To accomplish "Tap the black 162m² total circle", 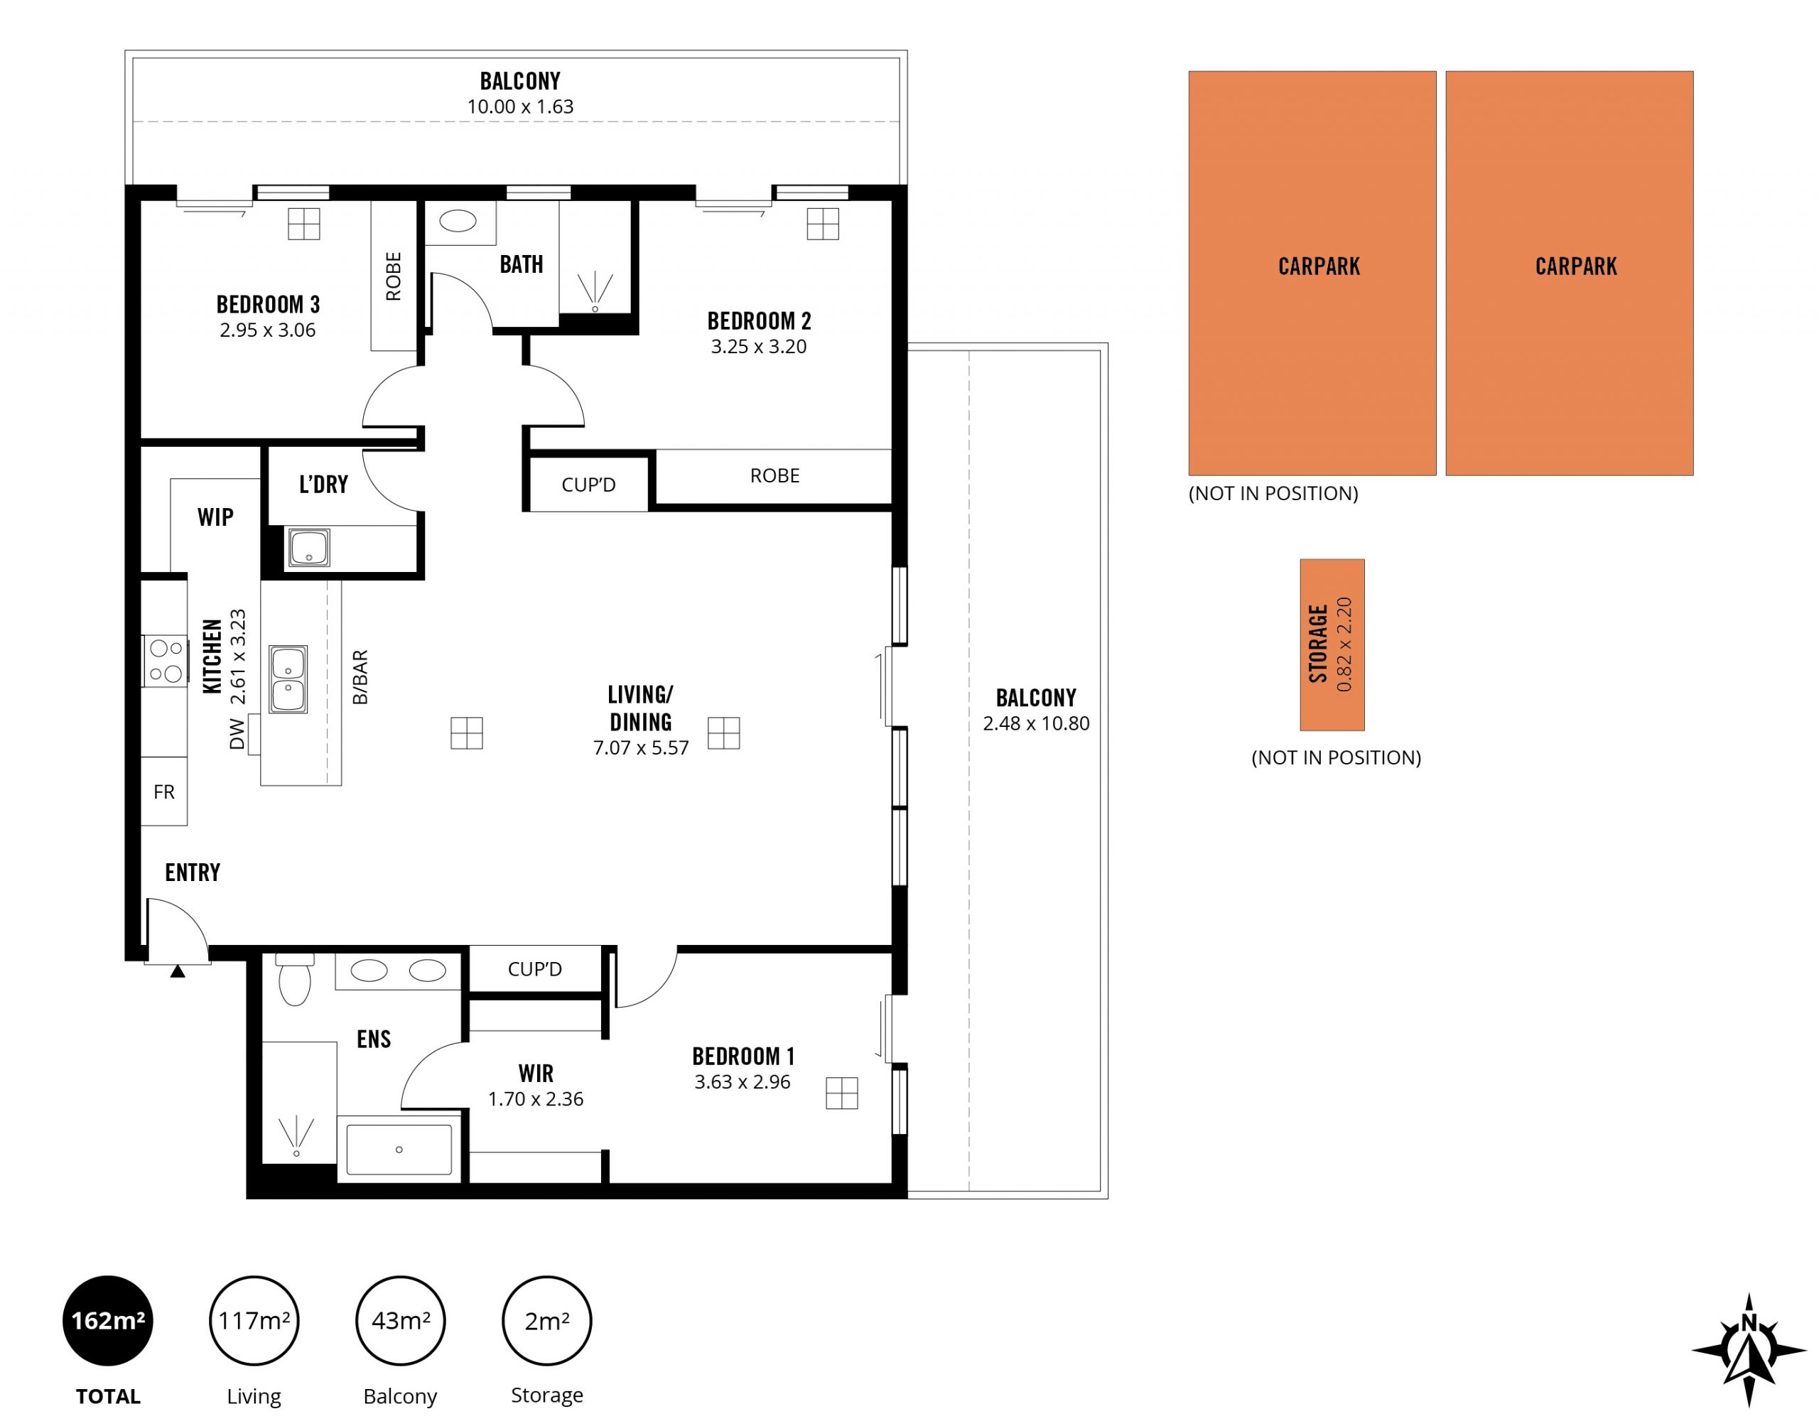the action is (x=108, y=1320).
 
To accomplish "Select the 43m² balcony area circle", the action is (x=401, y=1320).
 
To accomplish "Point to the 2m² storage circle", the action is (x=547, y=1320).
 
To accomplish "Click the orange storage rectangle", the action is (x=1332, y=644).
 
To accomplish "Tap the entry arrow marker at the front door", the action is (x=177, y=971).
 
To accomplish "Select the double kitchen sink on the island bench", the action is (x=288, y=679).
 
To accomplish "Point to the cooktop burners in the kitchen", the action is (x=166, y=661).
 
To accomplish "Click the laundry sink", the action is (x=309, y=548).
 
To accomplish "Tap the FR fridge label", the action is (x=163, y=792).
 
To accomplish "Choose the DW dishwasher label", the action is (x=237, y=733).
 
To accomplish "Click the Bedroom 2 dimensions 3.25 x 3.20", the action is (x=758, y=347).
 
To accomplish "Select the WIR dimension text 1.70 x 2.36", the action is (x=535, y=1098).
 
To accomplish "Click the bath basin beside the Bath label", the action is (x=458, y=221).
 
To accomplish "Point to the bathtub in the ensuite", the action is (x=399, y=1150).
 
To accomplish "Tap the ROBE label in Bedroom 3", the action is (x=393, y=276).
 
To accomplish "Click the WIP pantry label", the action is (x=215, y=517).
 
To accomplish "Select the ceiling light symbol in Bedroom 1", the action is (x=841, y=1093).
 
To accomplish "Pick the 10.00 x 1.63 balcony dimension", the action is (x=520, y=107).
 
